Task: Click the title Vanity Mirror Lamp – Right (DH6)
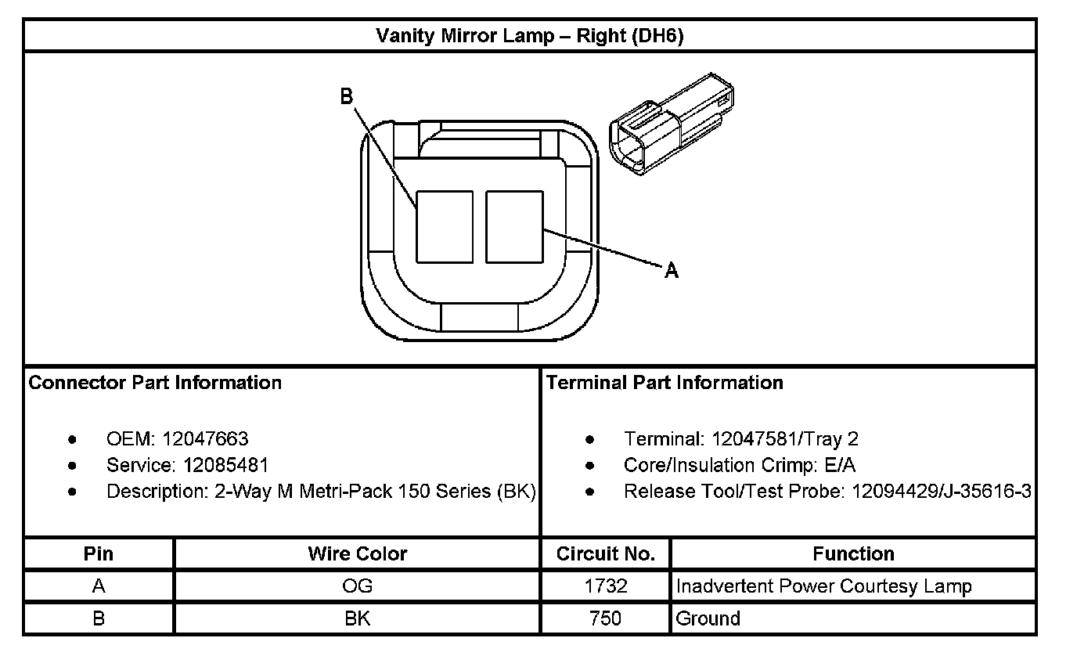point(530,36)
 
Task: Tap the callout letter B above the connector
point(346,96)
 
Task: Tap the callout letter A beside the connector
point(671,271)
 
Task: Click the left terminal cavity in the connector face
point(444,226)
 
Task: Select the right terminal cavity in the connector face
point(514,226)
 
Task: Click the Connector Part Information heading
point(155,383)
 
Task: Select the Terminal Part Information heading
point(665,383)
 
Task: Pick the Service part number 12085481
point(226,465)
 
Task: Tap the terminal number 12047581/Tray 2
point(785,439)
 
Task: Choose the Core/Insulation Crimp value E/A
point(840,465)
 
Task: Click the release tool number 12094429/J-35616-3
point(942,492)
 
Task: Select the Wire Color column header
point(357,554)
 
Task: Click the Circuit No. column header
point(605,554)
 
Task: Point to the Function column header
point(853,554)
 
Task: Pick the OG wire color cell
point(357,586)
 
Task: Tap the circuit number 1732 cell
point(605,586)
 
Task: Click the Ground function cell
point(708,618)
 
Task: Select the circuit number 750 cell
point(605,618)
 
